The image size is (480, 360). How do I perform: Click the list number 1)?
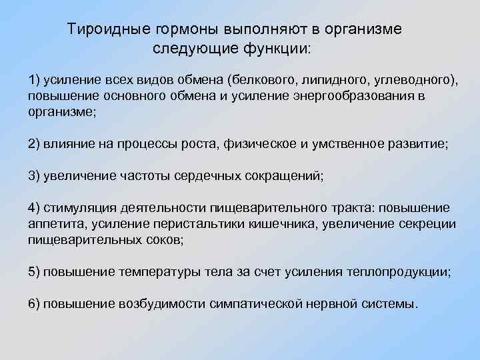(x=34, y=80)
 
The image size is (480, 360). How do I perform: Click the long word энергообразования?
(x=352, y=96)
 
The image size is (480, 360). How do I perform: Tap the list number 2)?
(x=34, y=144)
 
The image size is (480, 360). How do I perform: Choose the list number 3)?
(x=34, y=176)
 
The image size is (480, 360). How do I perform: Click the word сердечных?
(x=201, y=176)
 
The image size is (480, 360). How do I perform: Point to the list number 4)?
(x=34, y=208)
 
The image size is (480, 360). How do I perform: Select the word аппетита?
(x=53, y=224)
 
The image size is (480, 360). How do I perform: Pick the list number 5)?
(x=34, y=272)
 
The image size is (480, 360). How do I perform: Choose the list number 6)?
(x=34, y=304)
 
